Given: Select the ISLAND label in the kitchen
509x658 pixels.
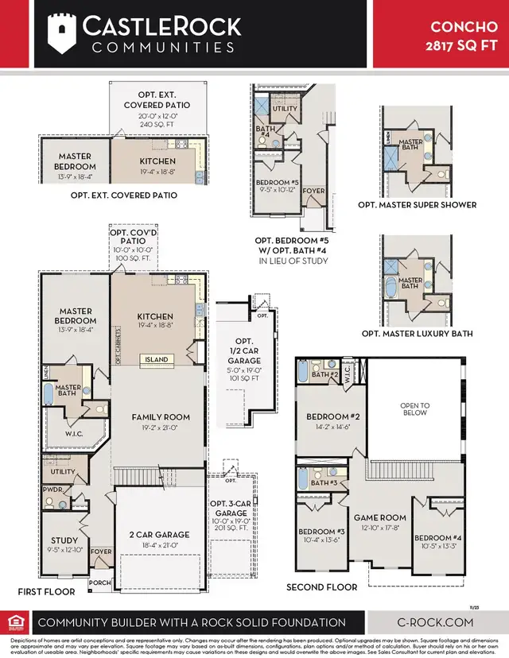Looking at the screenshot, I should pyautogui.click(x=156, y=359).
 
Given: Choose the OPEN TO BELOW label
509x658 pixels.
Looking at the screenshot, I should pyautogui.click(x=414, y=408).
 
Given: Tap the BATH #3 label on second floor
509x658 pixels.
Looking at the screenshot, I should pyautogui.click(x=323, y=482).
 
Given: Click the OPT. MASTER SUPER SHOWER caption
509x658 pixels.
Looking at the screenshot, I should pyautogui.click(x=418, y=204).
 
